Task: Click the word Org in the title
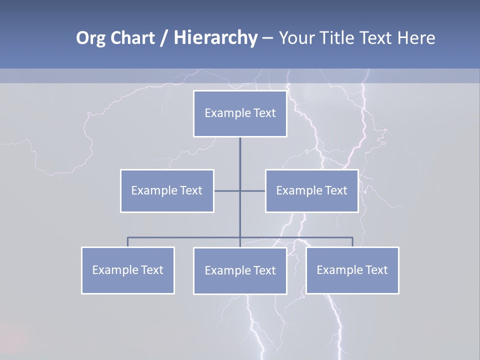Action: click(x=89, y=38)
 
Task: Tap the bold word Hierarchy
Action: click(x=215, y=38)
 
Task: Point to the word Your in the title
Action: click(x=296, y=38)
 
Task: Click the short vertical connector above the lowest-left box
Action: click(x=127, y=242)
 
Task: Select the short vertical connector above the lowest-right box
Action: click(x=352, y=242)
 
